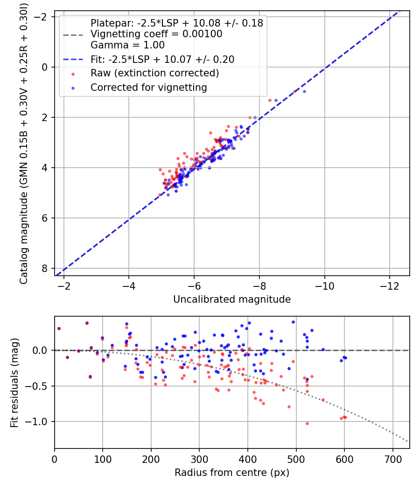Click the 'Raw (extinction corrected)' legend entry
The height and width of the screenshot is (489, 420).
pos(154,73)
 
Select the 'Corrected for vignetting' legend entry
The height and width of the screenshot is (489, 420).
pos(148,87)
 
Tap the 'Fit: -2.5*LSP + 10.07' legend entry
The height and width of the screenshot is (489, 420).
pos(162,59)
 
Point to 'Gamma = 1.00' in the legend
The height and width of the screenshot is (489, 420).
pos(127,45)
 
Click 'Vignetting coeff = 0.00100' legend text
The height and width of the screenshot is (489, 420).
pos(156,34)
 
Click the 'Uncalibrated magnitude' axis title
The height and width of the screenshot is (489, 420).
pos(232,299)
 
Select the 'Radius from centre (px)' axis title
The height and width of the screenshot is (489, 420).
pos(232,473)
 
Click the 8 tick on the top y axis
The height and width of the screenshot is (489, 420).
pos(45,268)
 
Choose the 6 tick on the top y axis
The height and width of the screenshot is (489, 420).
pos(45,218)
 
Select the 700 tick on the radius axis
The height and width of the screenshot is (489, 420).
pos(393,459)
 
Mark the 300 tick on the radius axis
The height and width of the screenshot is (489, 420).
pos(199,459)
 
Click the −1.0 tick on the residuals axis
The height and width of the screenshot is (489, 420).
pos(40,421)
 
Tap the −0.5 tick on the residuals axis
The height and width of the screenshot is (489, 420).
pos(40,386)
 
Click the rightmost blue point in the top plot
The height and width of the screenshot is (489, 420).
pos(304,91)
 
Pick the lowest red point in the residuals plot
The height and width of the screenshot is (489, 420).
pos(307,423)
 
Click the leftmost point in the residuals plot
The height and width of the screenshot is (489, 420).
pos(59,328)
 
